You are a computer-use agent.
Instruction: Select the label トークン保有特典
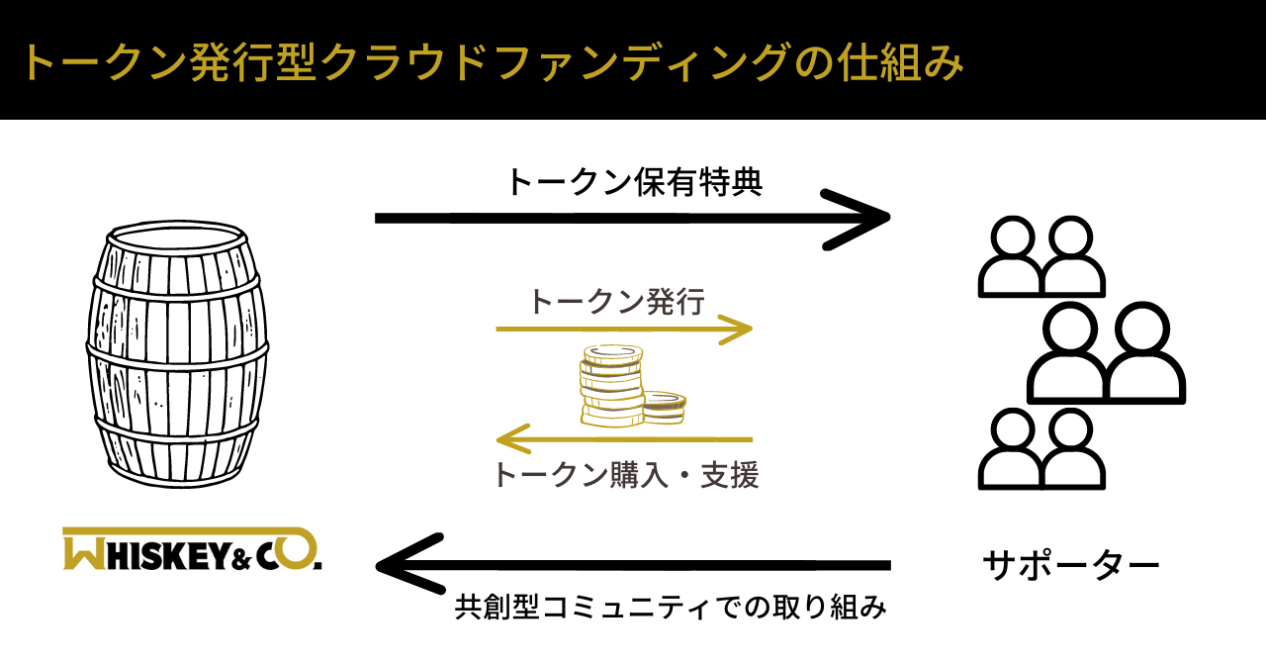[x=634, y=182]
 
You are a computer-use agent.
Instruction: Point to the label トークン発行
[x=617, y=301]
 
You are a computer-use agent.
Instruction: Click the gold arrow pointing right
[x=623, y=329]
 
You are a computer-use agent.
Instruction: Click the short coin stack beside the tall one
[x=664, y=405]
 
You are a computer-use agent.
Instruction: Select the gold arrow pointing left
[x=623, y=438]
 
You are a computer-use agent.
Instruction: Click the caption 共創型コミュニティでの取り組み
[x=671, y=606]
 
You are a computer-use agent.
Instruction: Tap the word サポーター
[x=1070, y=566]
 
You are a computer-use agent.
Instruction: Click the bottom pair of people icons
[x=1040, y=449]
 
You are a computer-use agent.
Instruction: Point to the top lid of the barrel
[x=175, y=237]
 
